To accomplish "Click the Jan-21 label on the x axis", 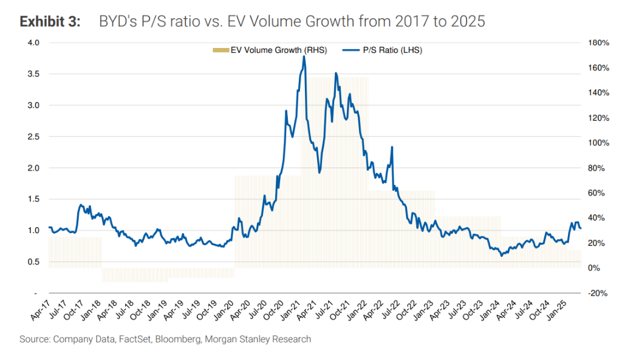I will tap(292, 311).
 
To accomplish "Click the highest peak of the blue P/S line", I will tap(304, 56).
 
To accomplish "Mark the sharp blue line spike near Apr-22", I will tap(392, 147).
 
